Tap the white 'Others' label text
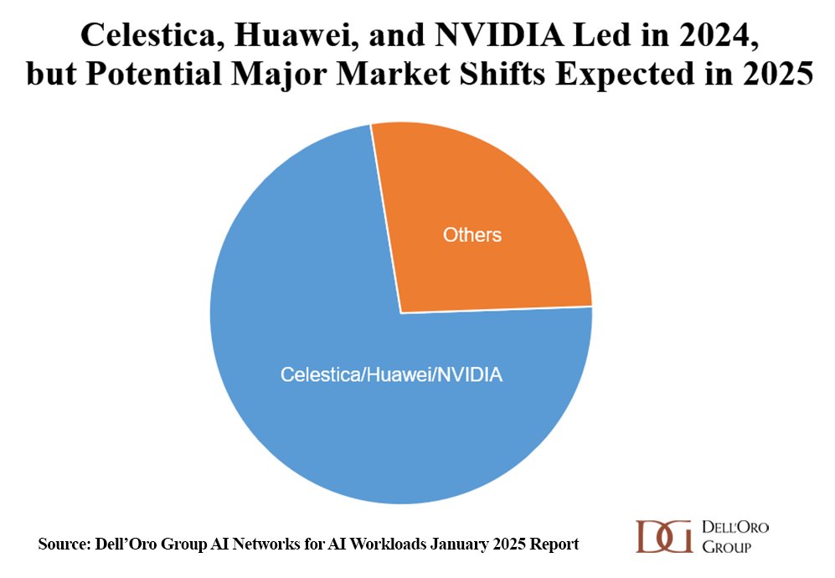pos(472,235)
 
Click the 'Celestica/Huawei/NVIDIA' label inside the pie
pos(391,374)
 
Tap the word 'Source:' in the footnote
pos(64,544)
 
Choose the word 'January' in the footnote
pos(459,544)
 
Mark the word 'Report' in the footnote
pos(554,544)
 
